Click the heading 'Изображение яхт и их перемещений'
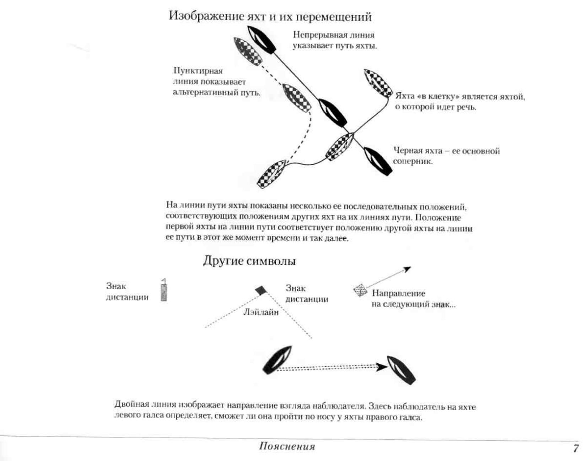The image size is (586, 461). coord(270,16)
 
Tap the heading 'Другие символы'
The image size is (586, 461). coord(249,261)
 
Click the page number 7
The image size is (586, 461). coord(575,448)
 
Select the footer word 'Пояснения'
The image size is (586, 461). coord(287,446)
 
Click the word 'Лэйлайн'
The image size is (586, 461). coord(261,313)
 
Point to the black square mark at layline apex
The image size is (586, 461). coord(260,290)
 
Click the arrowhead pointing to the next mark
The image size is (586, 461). coord(408,269)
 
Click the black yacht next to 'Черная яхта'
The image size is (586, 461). coord(378,161)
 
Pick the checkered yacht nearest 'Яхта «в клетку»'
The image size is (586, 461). coord(378,83)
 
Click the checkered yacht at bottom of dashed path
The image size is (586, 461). coord(272,174)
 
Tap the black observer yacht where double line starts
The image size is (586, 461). coord(278,360)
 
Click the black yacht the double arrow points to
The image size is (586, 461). coord(401,370)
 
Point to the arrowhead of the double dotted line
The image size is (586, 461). coord(382,367)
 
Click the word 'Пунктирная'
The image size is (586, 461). coord(198,71)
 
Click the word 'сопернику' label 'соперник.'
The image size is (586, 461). coord(412,162)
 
